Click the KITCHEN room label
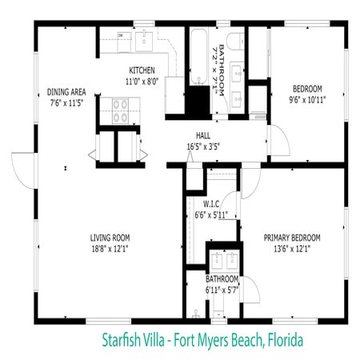pos(142,70)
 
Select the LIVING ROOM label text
pos(110,238)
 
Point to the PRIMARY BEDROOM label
pos(292,238)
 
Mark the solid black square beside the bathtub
pos(197,99)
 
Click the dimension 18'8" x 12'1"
pos(110,249)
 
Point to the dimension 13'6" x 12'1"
pos(292,249)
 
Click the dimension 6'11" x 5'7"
pos(222,290)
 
